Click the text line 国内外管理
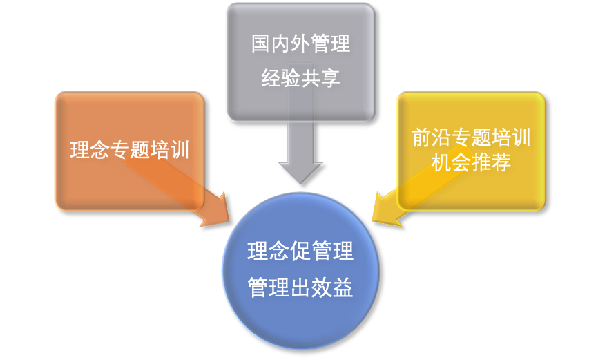click(x=300, y=46)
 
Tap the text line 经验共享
click(x=300, y=78)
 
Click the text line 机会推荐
click(x=471, y=164)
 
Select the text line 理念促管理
click(x=300, y=252)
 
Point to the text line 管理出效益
click(x=300, y=286)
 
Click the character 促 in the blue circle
click(x=300, y=252)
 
